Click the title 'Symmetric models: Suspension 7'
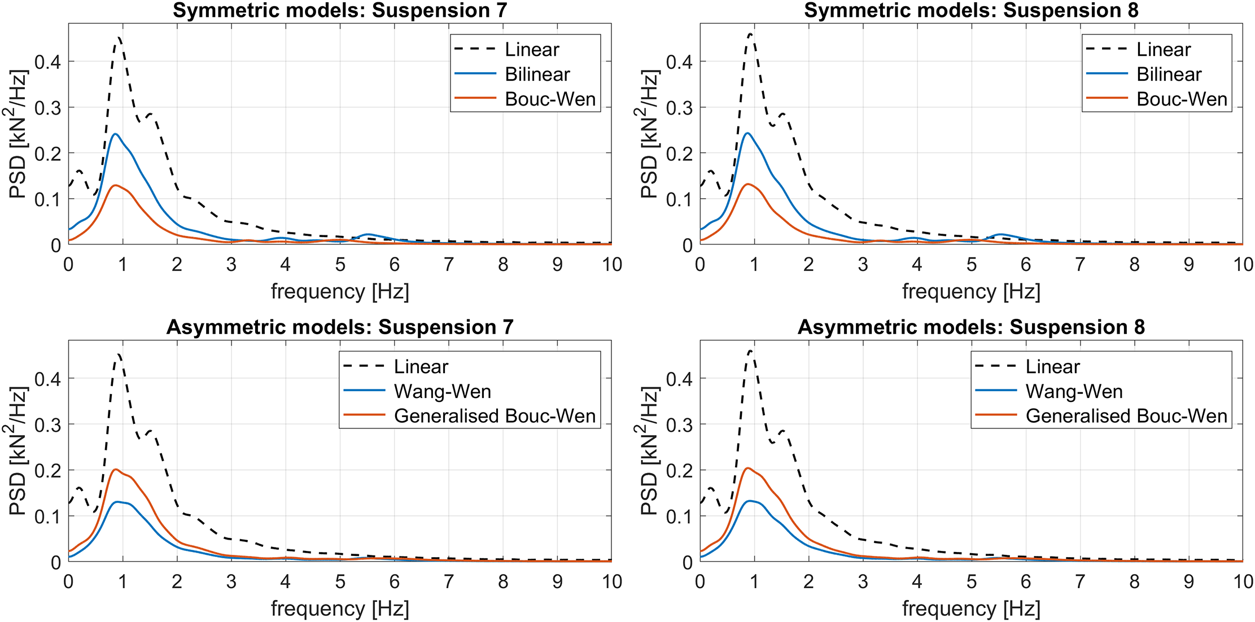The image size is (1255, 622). [x=340, y=10]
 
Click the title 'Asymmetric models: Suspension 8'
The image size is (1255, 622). [x=971, y=327]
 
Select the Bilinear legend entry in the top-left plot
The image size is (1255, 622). [x=537, y=74]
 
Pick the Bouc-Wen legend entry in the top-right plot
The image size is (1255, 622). [x=1182, y=99]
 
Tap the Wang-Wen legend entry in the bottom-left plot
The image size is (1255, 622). [x=442, y=391]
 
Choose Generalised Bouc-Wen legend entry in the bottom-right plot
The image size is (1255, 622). [x=1126, y=416]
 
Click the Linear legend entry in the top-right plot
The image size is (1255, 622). [x=1163, y=49]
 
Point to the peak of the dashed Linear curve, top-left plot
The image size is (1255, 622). [x=119, y=37]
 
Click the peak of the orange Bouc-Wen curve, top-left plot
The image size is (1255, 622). [x=115, y=185]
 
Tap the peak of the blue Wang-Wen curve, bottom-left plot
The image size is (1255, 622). [x=117, y=501]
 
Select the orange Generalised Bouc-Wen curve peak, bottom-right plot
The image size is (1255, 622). [x=747, y=468]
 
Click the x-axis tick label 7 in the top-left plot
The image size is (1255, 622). [x=449, y=265]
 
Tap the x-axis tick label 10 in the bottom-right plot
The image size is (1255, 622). [x=1243, y=581]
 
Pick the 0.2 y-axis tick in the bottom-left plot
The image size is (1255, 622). [x=47, y=470]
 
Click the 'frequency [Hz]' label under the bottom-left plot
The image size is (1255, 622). [x=340, y=608]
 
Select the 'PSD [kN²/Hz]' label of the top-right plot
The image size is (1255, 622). [x=649, y=134]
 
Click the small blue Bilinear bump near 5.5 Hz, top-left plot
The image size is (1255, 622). [x=368, y=234]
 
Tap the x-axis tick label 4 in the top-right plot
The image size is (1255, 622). [x=917, y=265]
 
